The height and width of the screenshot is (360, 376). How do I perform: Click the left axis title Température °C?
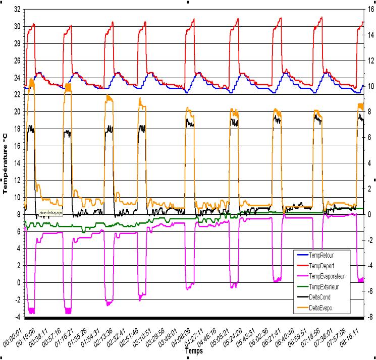[x=6, y=162]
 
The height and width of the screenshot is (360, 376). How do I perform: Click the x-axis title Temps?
[x=194, y=349]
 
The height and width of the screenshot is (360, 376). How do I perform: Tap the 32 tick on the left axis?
[x=17, y=9]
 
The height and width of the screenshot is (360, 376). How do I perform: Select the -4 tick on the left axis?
[x=18, y=317]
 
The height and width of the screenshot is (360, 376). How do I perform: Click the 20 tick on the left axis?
[x=17, y=111]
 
